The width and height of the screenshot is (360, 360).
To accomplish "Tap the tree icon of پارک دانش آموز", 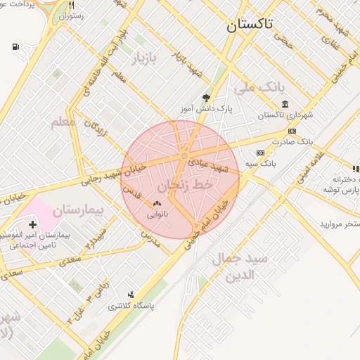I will coord(206,98).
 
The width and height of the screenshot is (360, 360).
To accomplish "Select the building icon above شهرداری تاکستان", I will coord(284,104).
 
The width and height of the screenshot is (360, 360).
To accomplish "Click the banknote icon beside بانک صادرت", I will coord(292,131).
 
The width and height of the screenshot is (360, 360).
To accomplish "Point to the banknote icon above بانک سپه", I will coord(260,153).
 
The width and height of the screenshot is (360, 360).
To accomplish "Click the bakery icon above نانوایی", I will coord(156,204).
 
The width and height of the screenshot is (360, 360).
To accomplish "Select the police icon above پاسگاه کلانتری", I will coord(131,295).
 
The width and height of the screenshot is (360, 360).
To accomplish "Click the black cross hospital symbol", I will coord(32,224).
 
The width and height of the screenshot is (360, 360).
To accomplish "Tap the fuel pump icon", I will coord(16,47).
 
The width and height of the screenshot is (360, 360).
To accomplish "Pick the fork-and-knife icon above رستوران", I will coord(71,5).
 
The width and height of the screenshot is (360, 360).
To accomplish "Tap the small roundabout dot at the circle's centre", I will coord(184,155).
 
